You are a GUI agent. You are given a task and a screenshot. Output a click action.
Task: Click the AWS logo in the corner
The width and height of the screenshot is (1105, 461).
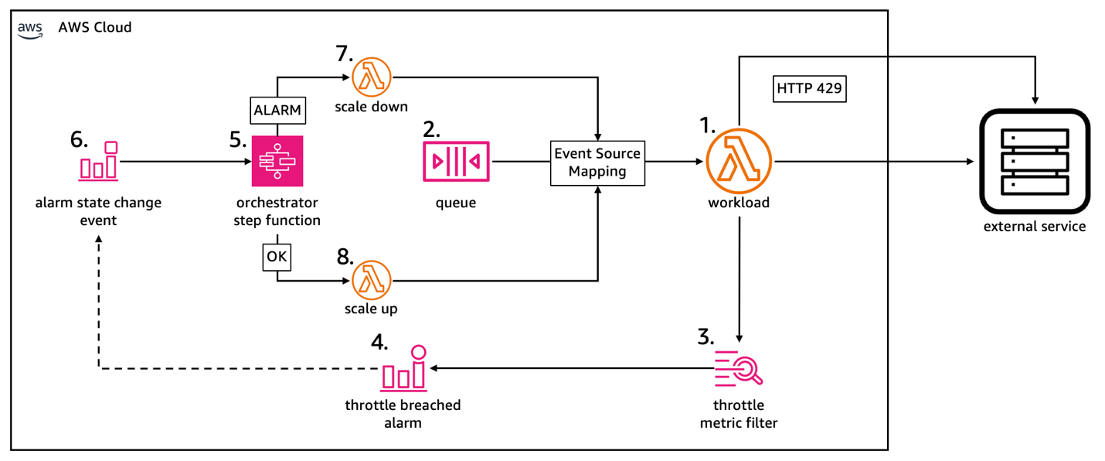(x=31, y=29)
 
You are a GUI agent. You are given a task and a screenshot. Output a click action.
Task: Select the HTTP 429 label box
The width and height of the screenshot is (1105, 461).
(x=809, y=89)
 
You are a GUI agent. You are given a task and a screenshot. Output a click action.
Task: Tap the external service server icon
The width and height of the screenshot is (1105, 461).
(x=1034, y=162)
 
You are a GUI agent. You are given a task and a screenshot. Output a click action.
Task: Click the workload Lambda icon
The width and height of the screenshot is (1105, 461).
(x=739, y=162)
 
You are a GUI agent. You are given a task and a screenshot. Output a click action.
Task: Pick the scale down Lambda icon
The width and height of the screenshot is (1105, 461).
(x=372, y=77)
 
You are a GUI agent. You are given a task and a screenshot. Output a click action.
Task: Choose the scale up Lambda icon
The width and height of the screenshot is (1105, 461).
(x=372, y=280)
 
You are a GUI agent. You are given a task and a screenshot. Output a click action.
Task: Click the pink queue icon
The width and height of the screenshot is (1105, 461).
(x=456, y=162)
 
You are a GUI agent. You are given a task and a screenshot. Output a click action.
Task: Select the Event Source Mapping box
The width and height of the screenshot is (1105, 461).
(x=597, y=162)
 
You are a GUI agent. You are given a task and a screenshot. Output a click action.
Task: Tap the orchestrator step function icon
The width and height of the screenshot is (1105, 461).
(x=277, y=162)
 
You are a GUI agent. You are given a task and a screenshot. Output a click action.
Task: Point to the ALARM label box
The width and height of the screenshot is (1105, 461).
(x=277, y=110)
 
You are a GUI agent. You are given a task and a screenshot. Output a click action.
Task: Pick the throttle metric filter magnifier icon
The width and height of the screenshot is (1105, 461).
(x=739, y=369)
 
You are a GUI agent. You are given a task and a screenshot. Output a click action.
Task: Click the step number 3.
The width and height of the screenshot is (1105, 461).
(x=705, y=337)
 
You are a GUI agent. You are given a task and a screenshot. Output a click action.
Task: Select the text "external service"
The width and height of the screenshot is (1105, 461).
(x=1034, y=227)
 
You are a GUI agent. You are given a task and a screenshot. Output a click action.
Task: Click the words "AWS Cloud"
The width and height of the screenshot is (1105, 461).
(x=95, y=28)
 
